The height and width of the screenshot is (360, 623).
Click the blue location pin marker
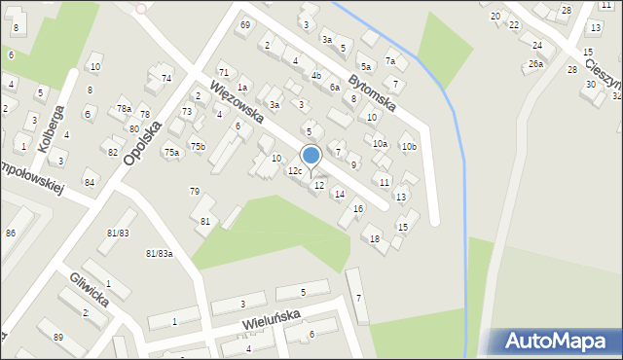(x=311, y=156)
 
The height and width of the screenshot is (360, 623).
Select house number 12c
(x=295, y=171)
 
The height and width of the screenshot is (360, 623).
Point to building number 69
(x=244, y=24)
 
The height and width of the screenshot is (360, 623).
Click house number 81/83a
(x=160, y=254)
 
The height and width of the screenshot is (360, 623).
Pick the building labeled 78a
(x=124, y=108)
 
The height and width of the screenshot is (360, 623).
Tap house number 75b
(x=198, y=146)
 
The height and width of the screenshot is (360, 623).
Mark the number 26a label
(x=535, y=63)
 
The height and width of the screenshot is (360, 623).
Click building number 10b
(x=409, y=147)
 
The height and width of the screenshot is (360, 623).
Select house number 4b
(x=316, y=75)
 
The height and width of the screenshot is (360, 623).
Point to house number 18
(x=375, y=238)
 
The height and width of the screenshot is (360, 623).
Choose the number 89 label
(x=57, y=337)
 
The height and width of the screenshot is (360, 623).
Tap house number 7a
(x=389, y=60)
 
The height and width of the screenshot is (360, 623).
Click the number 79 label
(x=195, y=191)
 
